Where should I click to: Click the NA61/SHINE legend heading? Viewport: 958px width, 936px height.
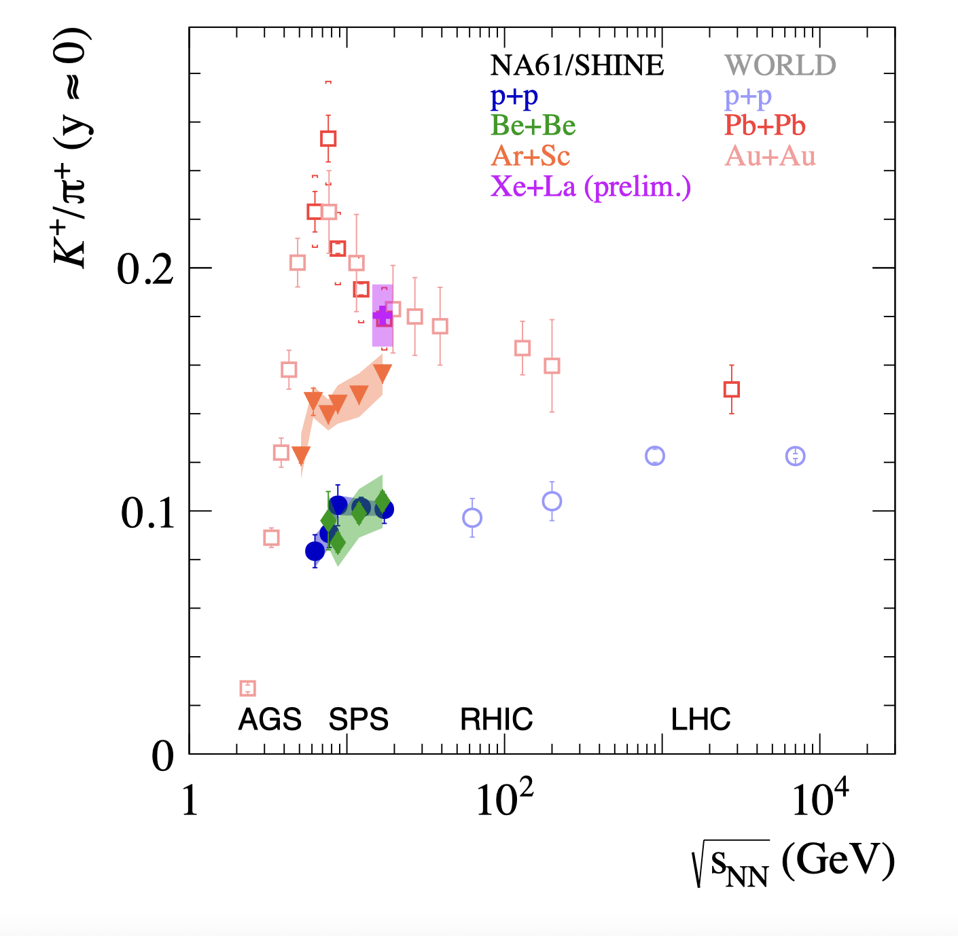pyautogui.click(x=577, y=65)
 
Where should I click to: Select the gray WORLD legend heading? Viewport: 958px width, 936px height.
pyautogui.click(x=780, y=65)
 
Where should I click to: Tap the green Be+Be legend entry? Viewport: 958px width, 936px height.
pyautogui.click(x=533, y=126)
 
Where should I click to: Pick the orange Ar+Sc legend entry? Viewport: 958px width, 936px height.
pyautogui.click(x=531, y=156)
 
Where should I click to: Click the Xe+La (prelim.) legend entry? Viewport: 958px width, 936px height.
pyautogui.click(x=590, y=186)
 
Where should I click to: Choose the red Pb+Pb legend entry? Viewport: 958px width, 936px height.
pyautogui.click(x=765, y=126)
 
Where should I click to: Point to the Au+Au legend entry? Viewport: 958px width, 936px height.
pyautogui.click(x=770, y=156)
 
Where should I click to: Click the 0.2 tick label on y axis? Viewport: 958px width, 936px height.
pyautogui.click(x=145, y=269)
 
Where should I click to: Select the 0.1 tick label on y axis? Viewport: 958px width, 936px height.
pyautogui.click(x=147, y=513)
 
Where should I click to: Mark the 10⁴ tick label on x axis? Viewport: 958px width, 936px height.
pyautogui.click(x=820, y=799)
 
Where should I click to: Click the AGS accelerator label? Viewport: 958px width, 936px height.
pyautogui.click(x=270, y=719)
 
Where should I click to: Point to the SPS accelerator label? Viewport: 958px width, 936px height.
pyautogui.click(x=358, y=719)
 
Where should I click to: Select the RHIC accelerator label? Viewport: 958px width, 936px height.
pyautogui.click(x=497, y=719)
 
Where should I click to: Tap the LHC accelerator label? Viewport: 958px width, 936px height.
pyautogui.click(x=700, y=719)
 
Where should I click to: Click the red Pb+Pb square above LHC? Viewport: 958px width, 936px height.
pyautogui.click(x=731, y=389)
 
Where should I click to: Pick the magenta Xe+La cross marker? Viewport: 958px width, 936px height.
pyautogui.click(x=383, y=316)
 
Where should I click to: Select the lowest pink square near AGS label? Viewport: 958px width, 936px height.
pyautogui.click(x=248, y=688)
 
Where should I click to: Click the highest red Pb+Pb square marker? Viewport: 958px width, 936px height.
pyautogui.click(x=328, y=139)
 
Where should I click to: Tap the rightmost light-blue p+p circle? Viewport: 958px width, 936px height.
pyautogui.click(x=795, y=456)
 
